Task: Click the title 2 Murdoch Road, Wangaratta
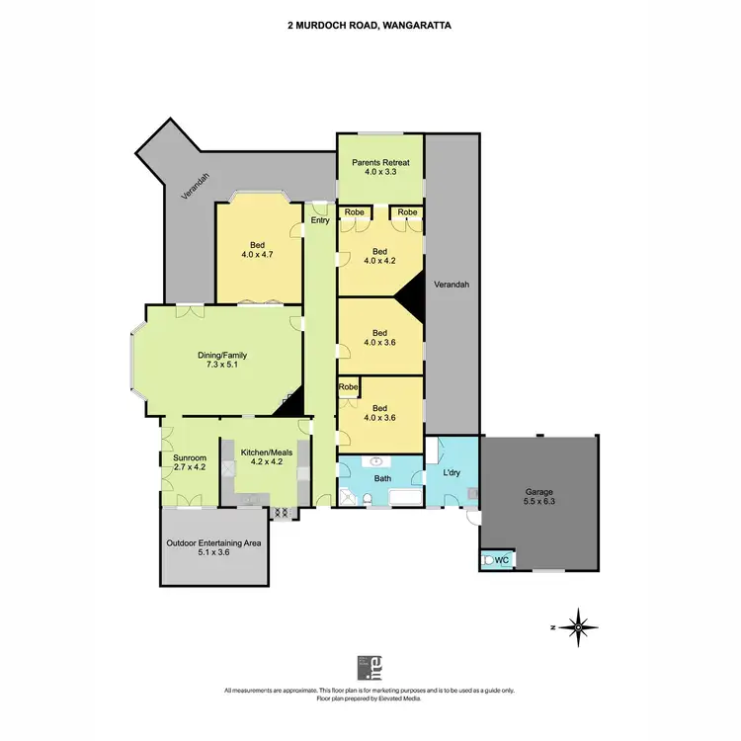coord(370,28)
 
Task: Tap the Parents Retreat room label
coord(380,163)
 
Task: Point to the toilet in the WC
coord(489,560)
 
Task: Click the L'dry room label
coord(451,473)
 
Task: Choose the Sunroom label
coord(191,459)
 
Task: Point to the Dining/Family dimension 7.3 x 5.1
coord(219,365)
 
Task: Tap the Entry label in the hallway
coord(320,220)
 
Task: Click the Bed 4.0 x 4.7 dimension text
coord(256,255)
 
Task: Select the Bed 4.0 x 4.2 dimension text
coord(380,261)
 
